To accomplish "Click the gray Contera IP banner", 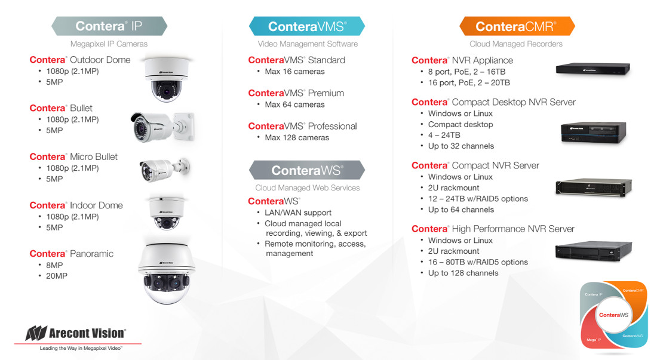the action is click(x=109, y=26).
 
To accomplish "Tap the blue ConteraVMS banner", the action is click(x=307, y=26).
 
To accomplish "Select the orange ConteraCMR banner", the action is click(x=517, y=26).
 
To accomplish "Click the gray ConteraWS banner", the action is click(x=307, y=170).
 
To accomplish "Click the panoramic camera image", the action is click(x=167, y=273).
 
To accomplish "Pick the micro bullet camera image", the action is click(x=165, y=170).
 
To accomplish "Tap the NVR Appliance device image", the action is click(x=593, y=69).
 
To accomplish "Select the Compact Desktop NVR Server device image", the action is click(x=593, y=133).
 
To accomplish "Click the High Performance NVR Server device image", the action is click(x=593, y=251).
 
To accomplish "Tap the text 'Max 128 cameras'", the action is click(x=297, y=138).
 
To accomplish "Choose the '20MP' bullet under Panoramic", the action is click(x=57, y=276).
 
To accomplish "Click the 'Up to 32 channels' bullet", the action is click(x=461, y=146).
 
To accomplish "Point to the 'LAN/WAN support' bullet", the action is click(x=298, y=213).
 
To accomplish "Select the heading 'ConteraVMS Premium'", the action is click(x=296, y=93).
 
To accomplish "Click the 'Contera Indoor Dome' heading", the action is click(x=76, y=205).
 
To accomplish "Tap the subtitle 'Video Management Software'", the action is click(x=308, y=44).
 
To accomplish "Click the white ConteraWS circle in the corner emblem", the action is click(x=613, y=315).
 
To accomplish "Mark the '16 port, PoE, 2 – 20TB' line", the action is click(x=469, y=82).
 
